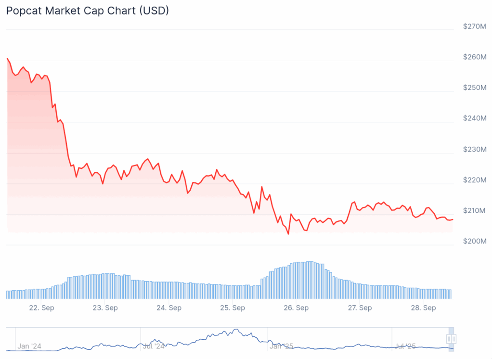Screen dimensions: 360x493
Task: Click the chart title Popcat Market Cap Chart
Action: pos(87,11)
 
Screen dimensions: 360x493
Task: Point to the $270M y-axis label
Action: pos(474,26)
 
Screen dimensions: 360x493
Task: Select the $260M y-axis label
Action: pos(474,57)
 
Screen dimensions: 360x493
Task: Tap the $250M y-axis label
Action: pos(474,88)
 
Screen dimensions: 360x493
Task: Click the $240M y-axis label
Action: pos(474,118)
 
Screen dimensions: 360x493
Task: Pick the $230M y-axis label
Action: pos(474,149)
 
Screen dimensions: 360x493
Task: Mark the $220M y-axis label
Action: pos(474,180)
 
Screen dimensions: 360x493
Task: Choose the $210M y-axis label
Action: pos(474,210)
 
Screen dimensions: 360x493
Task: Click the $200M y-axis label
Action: pos(474,241)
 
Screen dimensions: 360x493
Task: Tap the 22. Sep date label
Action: pos(41,308)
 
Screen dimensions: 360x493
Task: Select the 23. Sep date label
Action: pos(105,308)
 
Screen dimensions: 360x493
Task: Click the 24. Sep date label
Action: pos(169,308)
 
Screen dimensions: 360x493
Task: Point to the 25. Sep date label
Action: pos(232,308)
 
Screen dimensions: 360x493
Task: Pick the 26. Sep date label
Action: pos(296,308)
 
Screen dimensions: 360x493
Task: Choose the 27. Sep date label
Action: pos(359,308)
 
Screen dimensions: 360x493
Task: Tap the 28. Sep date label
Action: pos(423,308)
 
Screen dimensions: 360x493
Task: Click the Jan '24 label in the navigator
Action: pos(29,346)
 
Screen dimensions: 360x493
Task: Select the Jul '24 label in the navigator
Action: pos(154,346)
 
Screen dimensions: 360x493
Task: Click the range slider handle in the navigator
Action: pos(451,339)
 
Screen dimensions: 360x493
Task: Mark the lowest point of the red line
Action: pos(288,234)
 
